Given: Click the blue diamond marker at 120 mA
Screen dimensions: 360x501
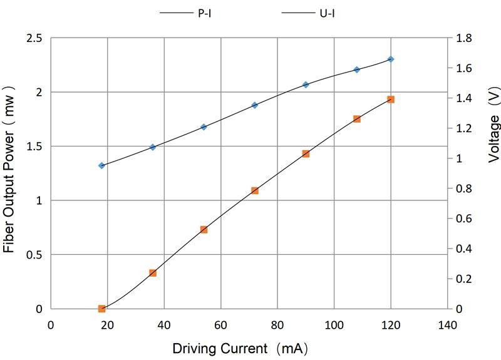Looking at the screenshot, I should [391, 59].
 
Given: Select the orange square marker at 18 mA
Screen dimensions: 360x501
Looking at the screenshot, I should [101, 309].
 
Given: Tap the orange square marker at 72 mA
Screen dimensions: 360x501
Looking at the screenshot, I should [255, 190].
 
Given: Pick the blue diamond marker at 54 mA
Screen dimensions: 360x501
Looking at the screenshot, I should [204, 127].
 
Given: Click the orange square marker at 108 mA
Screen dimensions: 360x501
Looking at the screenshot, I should [357, 119].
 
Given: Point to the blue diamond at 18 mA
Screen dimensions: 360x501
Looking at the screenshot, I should [101, 165].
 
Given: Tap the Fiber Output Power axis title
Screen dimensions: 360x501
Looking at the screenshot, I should [9, 173].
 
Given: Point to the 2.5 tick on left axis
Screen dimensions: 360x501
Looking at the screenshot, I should [34, 38].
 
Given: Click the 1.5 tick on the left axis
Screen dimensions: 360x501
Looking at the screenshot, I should [34, 147].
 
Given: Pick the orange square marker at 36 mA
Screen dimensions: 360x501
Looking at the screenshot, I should [153, 273].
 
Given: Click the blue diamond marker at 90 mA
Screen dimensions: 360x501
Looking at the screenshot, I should [306, 85].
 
